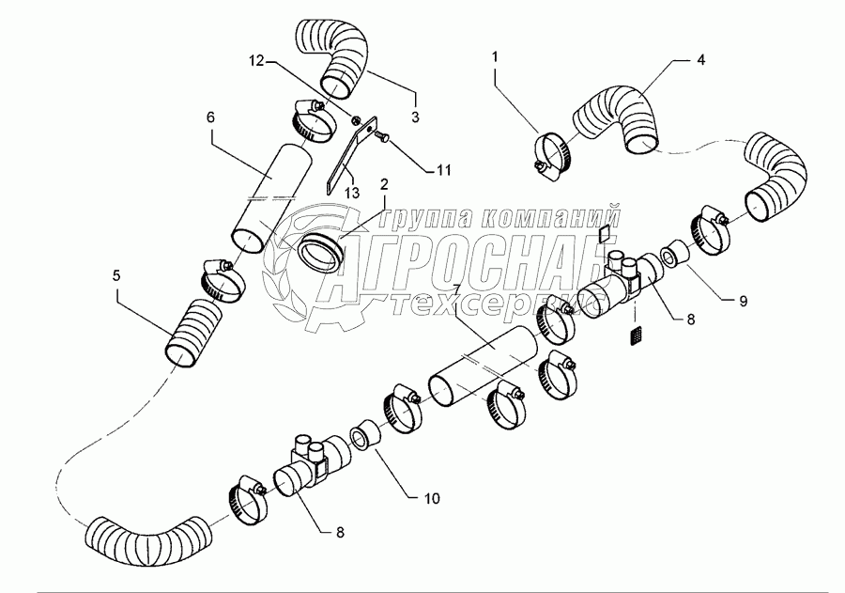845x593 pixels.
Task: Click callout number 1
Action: point(495,56)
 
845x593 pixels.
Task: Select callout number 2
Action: point(384,185)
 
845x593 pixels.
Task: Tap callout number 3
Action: point(415,117)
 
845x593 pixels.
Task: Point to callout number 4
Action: point(700,59)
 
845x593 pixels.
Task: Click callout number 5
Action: point(116,275)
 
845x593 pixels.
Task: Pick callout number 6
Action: point(210,117)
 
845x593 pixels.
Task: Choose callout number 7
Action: point(456,290)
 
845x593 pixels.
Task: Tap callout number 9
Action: point(744,301)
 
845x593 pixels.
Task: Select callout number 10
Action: point(432,497)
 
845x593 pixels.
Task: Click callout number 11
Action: point(443,170)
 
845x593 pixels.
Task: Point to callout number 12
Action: point(256,60)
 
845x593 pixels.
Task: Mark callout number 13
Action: point(352,192)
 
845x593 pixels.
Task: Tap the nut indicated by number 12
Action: point(356,119)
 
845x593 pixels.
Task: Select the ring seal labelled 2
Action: point(322,253)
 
